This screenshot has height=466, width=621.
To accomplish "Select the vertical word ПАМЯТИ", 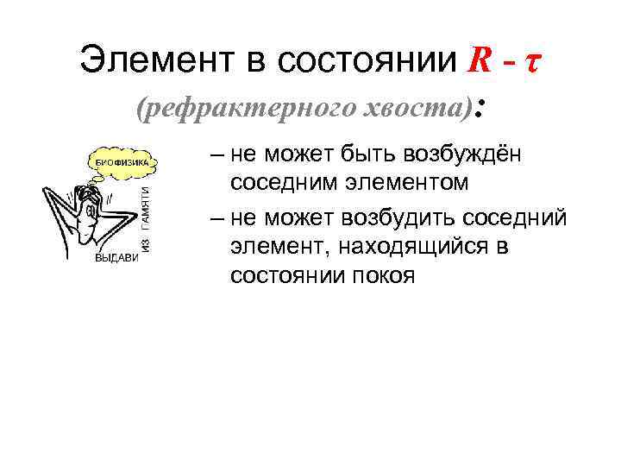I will tap(147, 208).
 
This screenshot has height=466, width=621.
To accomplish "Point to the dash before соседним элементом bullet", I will tap(216, 156).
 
